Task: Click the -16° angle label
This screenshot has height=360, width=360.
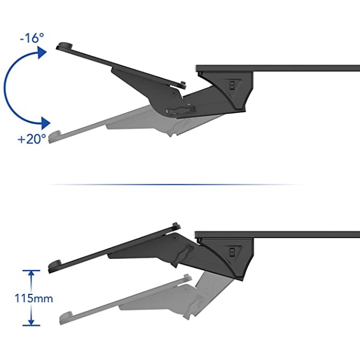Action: click(32, 38)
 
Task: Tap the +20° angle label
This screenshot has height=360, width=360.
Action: click(32, 139)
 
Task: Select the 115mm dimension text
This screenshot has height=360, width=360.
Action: click(34, 298)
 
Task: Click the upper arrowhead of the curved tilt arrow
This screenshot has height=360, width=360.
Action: click(42, 52)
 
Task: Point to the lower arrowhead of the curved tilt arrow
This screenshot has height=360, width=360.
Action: click(46, 123)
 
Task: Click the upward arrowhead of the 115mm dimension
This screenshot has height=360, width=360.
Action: click(32, 274)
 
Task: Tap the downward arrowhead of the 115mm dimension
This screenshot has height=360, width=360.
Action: click(32, 322)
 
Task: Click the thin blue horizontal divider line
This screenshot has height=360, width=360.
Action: click(175, 184)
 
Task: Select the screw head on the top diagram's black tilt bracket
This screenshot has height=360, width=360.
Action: click(174, 93)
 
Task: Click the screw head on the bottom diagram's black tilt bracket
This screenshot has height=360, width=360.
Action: click(175, 237)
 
